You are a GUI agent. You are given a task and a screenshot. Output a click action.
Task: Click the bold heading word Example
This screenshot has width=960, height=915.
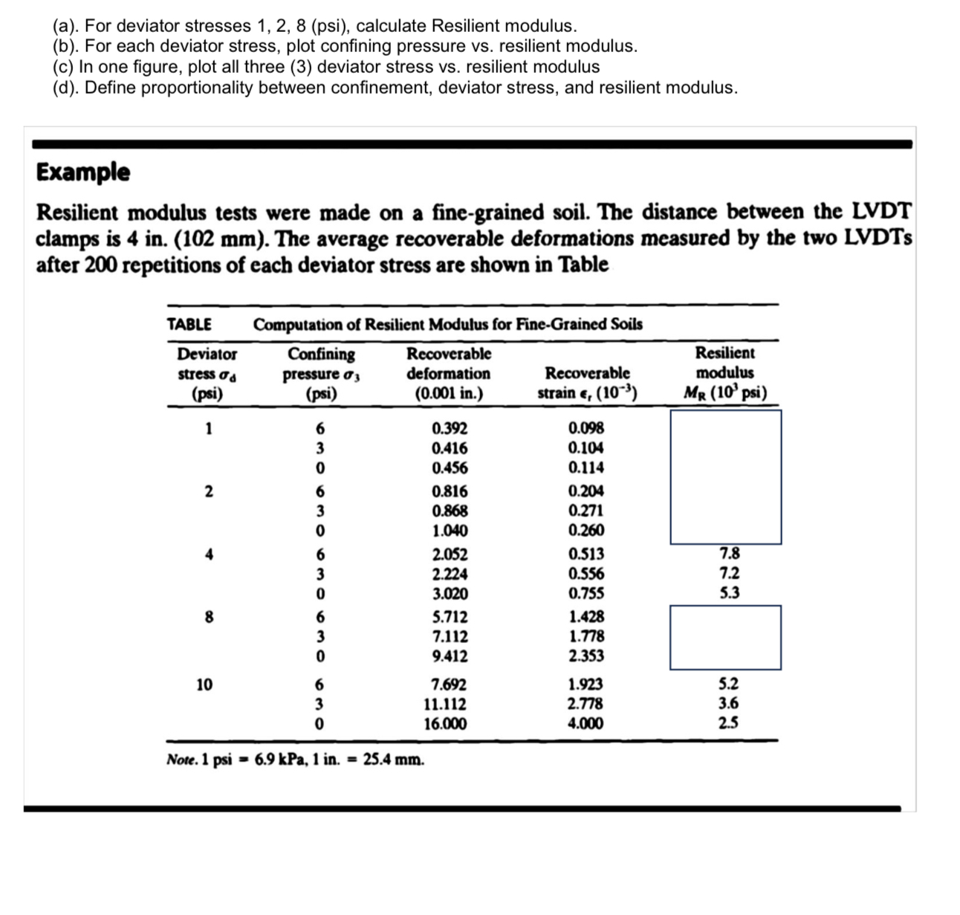pyautogui.click(x=83, y=172)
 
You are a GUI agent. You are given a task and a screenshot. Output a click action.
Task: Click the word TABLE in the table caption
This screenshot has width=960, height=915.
pyautogui.click(x=189, y=324)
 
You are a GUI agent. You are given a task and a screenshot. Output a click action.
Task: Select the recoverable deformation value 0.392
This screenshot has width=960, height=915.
pyautogui.click(x=450, y=428)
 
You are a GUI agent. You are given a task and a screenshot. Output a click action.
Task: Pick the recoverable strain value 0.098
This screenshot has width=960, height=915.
pyautogui.click(x=586, y=428)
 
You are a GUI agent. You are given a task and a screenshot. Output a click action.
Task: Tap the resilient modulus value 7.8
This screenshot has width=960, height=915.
pyautogui.click(x=729, y=553)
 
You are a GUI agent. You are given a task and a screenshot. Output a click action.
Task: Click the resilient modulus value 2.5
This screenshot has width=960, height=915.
pyautogui.click(x=729, y=723)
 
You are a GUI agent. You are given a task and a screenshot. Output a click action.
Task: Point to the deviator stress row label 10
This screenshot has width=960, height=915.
pyautogui.click(x=204, y=685)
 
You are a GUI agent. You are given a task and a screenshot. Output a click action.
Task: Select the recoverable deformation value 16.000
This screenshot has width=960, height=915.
pyautogui.click(x=445, y=724)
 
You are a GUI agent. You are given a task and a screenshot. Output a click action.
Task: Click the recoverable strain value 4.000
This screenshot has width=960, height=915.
pyautogui.click(x=586, y=724)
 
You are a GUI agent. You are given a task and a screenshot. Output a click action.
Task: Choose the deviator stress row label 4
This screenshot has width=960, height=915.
pyautogui.click(x=210, y=554)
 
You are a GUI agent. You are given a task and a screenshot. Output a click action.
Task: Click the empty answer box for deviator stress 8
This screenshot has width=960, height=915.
pyautogui.click(x=725, y=637)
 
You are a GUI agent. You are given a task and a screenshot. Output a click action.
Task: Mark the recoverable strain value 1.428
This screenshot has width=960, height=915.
pyautogui.click(x=586, y=616)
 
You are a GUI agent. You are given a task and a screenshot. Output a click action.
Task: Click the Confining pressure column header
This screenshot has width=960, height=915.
pyautogui.click(x=321, y=373)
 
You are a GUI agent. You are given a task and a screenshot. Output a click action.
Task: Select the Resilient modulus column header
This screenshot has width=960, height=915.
pyautogui.click(x=724, y=372)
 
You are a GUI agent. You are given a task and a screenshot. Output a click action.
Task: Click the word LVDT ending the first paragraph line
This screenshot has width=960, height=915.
pyautogui.click(x=880, y=212)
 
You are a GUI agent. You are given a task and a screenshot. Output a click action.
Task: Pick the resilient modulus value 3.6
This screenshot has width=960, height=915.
pyautogui.click(x=729, y=704)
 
